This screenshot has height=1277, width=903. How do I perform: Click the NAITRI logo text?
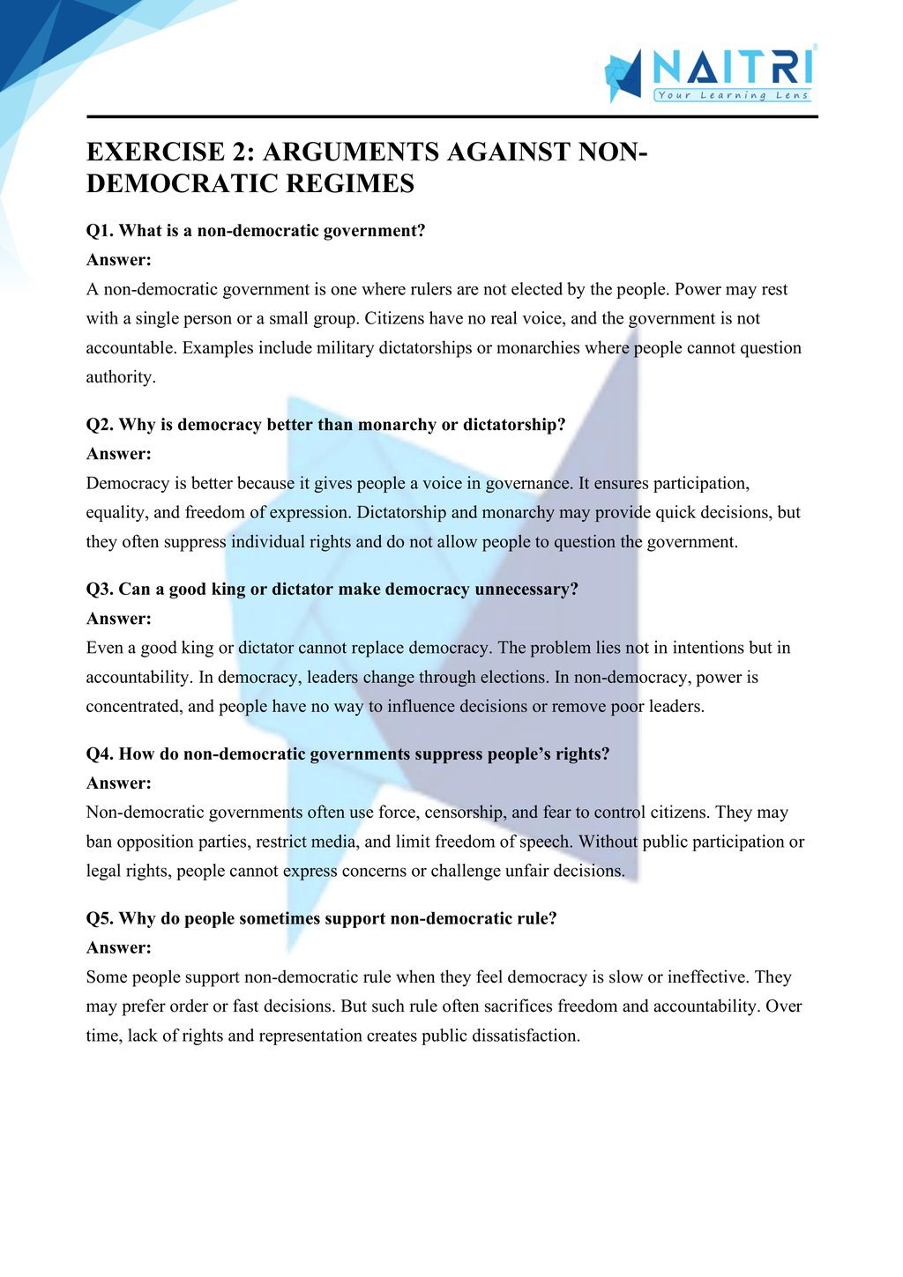click(x=734, y=67)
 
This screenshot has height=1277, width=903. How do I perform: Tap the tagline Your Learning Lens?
click(x=733, y=95)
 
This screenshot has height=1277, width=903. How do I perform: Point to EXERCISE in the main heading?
click(x=156, y=152)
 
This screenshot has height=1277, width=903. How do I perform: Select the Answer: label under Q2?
click(x=118, y=454)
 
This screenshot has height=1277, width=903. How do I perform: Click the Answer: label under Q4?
click(x=118, y=783)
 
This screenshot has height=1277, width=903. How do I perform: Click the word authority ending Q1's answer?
click(x=120, y=377)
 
